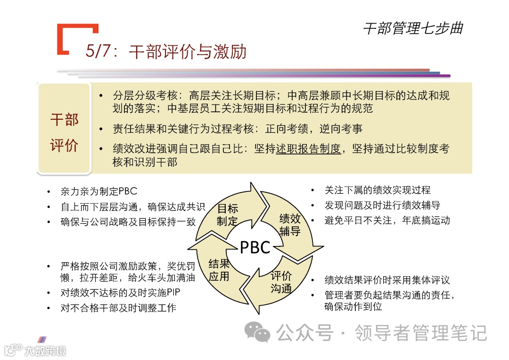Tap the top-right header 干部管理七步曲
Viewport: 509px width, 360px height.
click(413, 28)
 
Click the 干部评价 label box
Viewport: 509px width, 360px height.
click(64, 132)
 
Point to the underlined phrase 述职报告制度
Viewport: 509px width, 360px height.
click(308, 149)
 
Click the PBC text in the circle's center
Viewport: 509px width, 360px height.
click(254, 247)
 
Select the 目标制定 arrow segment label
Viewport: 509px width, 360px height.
click(227, 214)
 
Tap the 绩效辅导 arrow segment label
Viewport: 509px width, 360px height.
click(290, 224)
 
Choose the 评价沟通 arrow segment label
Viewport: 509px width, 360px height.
click(281, 282)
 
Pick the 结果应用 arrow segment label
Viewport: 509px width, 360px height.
click(219, 270)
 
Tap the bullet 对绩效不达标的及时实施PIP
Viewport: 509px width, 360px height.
click(120, 293)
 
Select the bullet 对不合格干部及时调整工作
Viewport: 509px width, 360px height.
click(118, 308)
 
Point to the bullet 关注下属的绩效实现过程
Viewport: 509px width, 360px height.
click(377, 190)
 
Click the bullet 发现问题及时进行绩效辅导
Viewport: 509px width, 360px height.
click(382, 205)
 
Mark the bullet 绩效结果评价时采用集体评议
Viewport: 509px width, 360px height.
click(387, 280)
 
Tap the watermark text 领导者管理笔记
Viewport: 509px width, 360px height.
click(420, 333)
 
